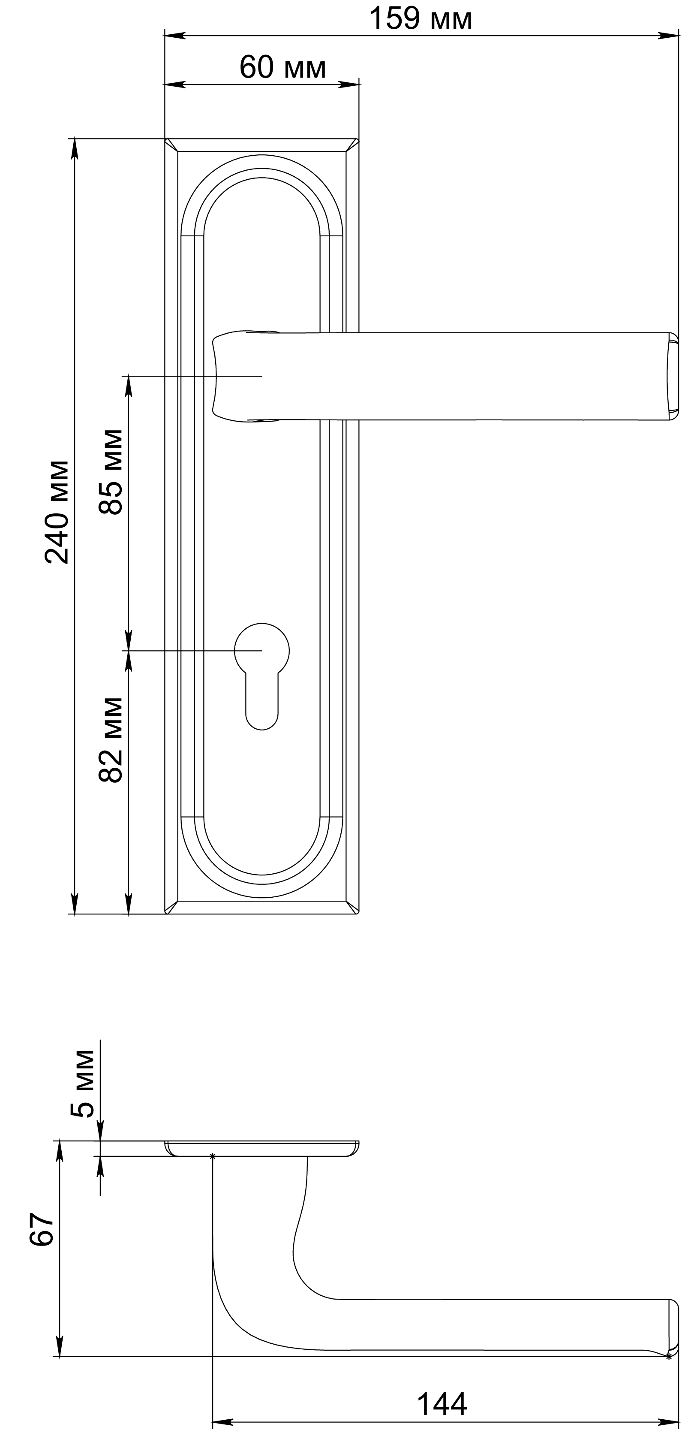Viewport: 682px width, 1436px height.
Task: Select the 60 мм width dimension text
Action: click(x=282, y=67)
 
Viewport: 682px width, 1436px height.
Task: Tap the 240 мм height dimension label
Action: click(x=57, y=512)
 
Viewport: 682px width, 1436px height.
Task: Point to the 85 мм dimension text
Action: click(x=110, y=472)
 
